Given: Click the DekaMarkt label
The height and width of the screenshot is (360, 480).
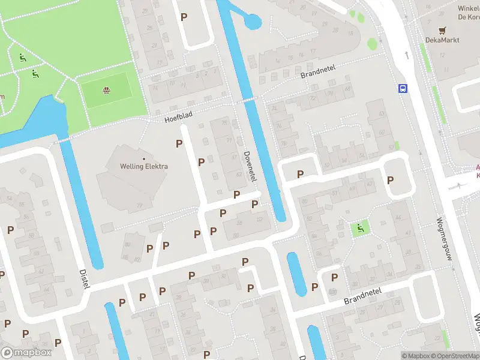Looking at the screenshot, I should (443, 39).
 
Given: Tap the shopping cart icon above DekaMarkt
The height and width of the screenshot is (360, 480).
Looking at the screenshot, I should (443, 29).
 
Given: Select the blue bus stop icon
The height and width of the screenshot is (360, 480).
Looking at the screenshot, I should (403, 89).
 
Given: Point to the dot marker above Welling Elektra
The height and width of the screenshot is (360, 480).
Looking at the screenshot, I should (144, 158).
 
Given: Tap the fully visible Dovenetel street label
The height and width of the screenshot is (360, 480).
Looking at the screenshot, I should (250, 166).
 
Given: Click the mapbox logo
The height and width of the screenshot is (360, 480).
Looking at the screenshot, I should (25, 352).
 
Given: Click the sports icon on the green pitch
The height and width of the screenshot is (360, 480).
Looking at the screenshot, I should (106, 91).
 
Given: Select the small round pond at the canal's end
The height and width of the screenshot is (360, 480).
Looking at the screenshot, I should (252, 22).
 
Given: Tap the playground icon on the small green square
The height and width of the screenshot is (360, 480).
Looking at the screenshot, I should (361, 227).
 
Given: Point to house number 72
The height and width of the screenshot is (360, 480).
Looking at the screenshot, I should (313, 98).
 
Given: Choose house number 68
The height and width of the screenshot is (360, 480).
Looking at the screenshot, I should (348, 89).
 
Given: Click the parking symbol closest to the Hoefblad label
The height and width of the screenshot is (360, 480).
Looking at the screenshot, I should (179, 143).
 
